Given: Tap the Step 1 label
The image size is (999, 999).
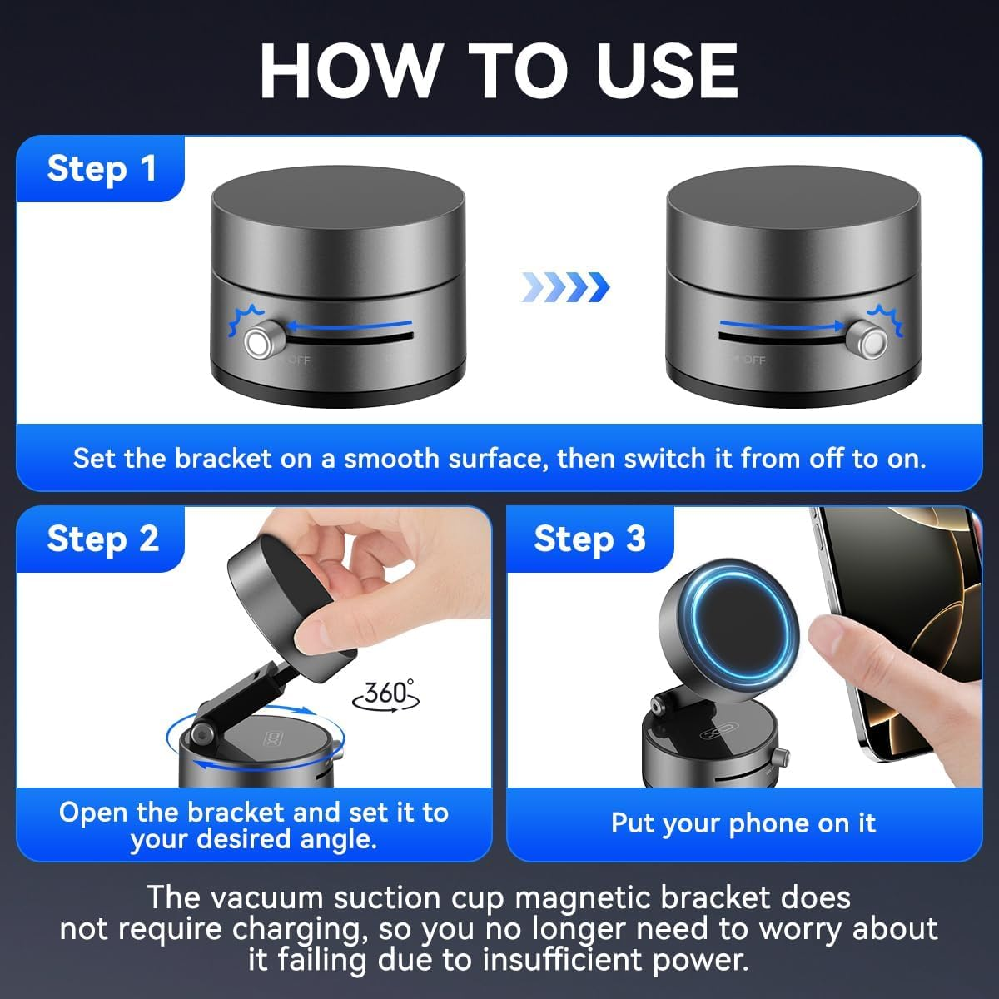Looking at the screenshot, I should (102, 169).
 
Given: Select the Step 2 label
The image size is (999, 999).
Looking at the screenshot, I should (102, 539).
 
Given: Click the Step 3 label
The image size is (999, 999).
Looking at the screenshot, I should (589, 539).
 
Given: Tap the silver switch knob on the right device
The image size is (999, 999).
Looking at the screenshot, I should (872, 341).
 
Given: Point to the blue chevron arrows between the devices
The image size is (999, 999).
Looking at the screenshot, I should (565, 287).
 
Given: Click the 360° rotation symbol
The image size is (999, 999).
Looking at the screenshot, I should (387, 693).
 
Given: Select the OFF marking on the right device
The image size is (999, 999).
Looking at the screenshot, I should (753, 360).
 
